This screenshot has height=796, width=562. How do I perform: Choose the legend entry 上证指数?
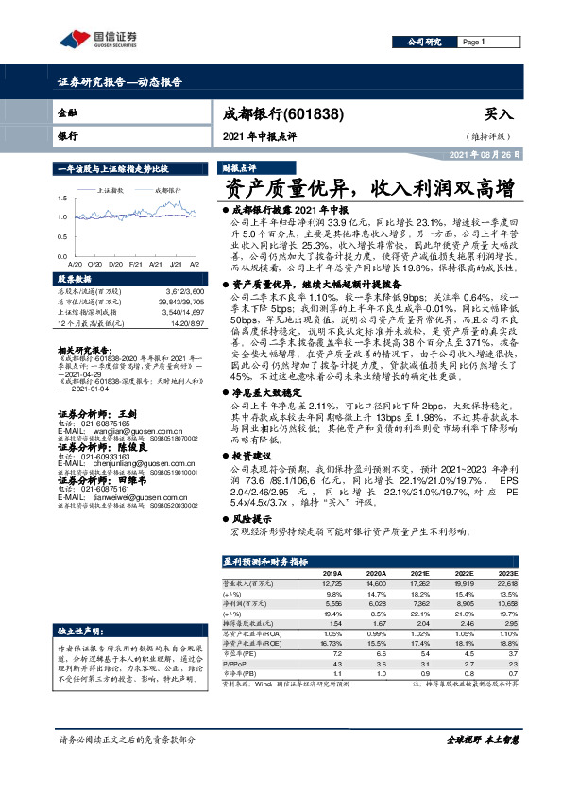coord(112,190)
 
